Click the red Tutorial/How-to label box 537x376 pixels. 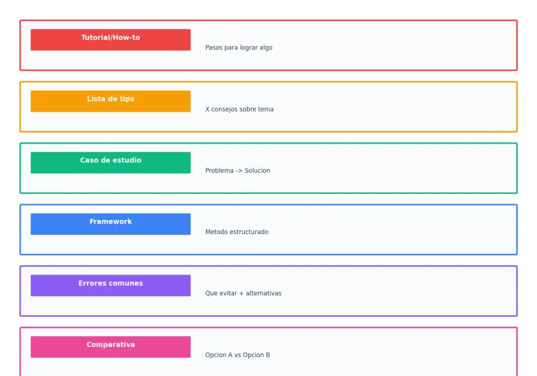pyautogui.click(x=111, y=40)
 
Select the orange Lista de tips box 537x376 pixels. pyautogui.click(x=111, y=101)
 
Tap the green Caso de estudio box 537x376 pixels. pyautogui.click(x=111, y=163)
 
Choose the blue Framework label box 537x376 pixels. pyautogui.click(x=111, y=224)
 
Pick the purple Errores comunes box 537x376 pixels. pyautogui.click(x=111, y=285)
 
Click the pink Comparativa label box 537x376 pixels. pyautogui.click(x=111, y=347)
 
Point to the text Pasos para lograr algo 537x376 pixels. pyautogui.click(x=239, y=48)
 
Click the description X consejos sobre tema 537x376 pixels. pyautogui.click(x=240, y=109)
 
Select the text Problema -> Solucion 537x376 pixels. pyautogui.click(x=238, y=170)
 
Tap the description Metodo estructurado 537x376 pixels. pyautogui.click(x=237, y=232)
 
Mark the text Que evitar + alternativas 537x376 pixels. pyautogui.click(x=243, y=293)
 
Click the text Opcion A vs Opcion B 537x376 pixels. pyautogui.click(x=237, y=355)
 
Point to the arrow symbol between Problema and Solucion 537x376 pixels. pyautogui.click(x=239, y=171)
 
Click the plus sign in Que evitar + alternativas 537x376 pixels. pyautogui.click(x=241, y=293)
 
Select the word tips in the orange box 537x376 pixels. pyautogui.click(x=127, y=99)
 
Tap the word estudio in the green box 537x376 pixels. pyautogui.click(x=128, y=160)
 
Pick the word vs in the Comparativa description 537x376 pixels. pyautogui.click(x=238, y=355)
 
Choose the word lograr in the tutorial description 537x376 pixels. pyautogui.click(x=248, y=48)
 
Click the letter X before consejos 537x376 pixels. pyautogui.click(x=207, y=109)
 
